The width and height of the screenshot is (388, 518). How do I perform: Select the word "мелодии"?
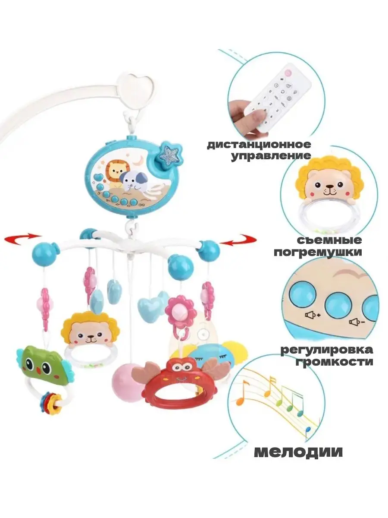[x=298, y=452]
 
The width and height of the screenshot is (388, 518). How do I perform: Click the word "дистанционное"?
[x=259, y=144]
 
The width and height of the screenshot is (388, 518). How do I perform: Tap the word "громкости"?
[x=335, y=361]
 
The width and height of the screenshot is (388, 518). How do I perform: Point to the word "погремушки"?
[x=318, y=252]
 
